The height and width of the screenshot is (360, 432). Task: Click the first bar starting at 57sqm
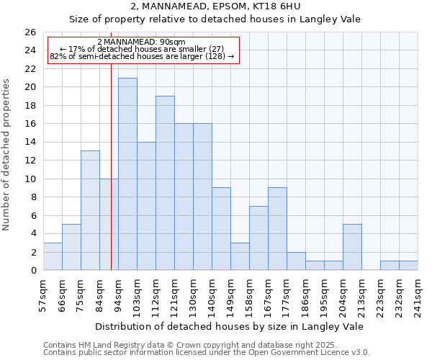(x=53, y=256)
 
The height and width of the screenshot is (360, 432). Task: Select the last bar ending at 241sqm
(x=408, y=266)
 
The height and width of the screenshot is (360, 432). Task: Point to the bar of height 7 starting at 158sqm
(x=258, y=238)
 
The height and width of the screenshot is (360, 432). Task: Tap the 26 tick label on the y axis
(x=30, y=32)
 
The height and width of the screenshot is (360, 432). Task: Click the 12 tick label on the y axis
(x=30, y=161)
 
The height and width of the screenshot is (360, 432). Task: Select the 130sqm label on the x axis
(x=193, y=296)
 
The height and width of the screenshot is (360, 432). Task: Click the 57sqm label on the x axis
(x=43, y=296)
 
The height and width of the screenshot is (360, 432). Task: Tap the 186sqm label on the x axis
(x=305, y=296)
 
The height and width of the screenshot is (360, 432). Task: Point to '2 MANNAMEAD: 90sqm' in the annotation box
(x=141, y=42)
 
